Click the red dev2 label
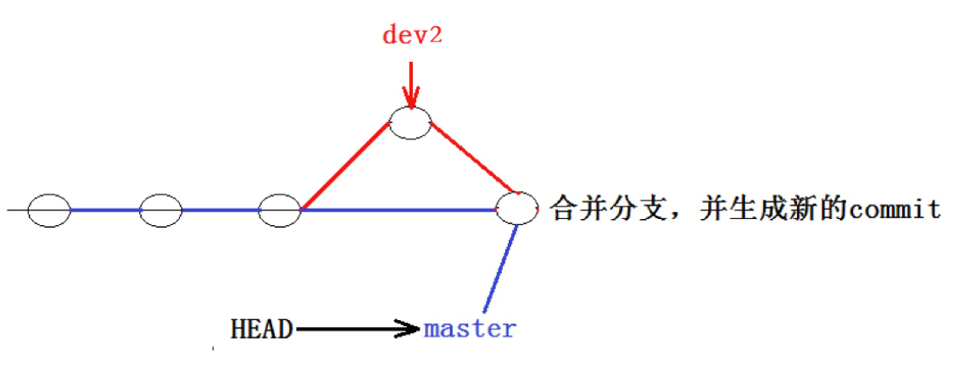pos(411,36)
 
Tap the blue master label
pos(470,329)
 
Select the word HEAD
pos(261,329)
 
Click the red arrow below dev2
pos(411,85)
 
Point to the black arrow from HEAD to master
pos(356,329)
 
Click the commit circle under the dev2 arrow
pos(410,123)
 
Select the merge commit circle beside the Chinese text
pos(517,208)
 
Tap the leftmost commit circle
pos(48,210)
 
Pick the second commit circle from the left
pos(161,210)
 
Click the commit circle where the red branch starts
pos(280,210)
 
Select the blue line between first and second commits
pos(104,210)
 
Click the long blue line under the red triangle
pos(398,210)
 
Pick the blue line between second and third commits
pos(220,210)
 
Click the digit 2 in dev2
pos(438,36)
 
